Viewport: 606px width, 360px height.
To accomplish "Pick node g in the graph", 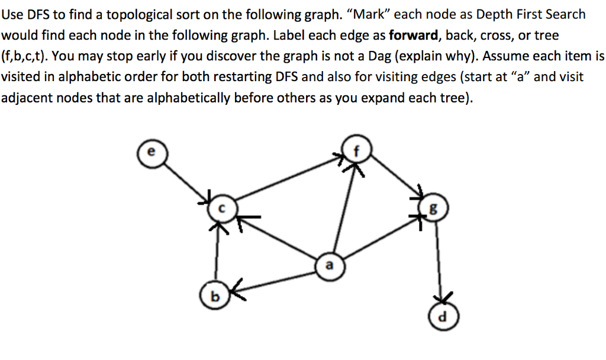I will tap(435, 208).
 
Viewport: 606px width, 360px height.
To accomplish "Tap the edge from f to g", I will tap(394, 177).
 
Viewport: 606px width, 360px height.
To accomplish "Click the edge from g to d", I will tap(439, 261).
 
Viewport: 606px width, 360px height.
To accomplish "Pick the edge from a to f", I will tap(344, 207).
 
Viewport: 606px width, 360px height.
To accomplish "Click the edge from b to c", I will tap(217, 255).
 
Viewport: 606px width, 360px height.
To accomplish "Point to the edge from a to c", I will tap(278, 237).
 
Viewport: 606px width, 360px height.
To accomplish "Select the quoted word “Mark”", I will tap(370, 14).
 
